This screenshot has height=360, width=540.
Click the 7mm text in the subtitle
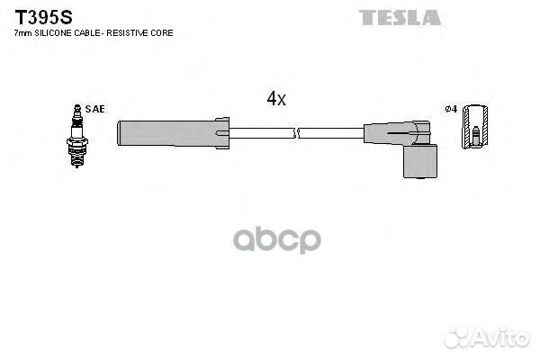[x=22, y=32]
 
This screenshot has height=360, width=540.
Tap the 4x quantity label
[x=275, y=99]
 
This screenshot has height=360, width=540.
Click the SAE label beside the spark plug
[x=96, y=109]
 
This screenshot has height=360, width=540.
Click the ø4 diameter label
[x=452, y=109]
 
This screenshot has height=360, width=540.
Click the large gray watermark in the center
[x=270, y=238]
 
